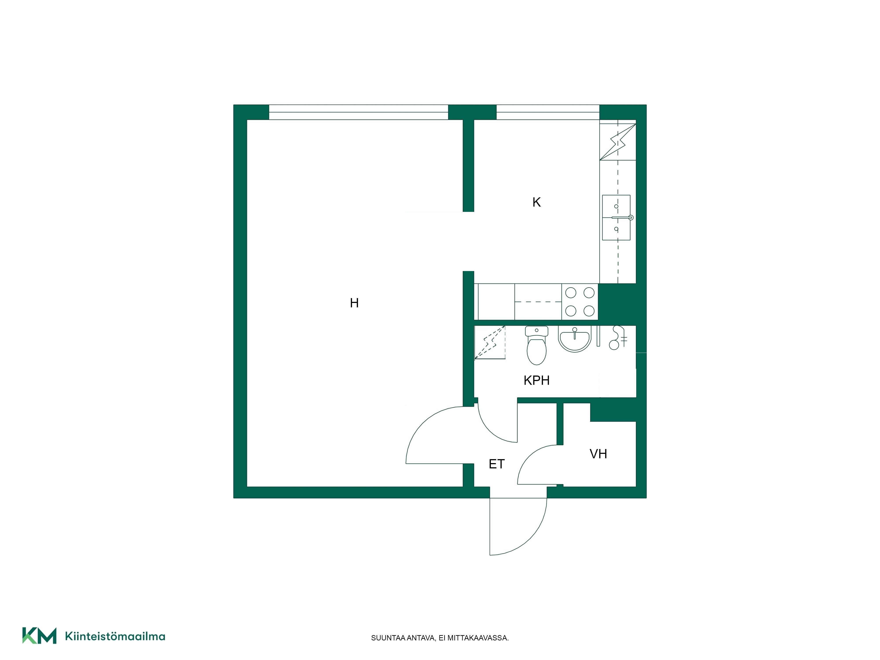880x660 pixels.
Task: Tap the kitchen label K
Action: point(536,202)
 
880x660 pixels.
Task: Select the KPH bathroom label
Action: point(536,380)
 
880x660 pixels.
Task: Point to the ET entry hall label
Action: point(497,464)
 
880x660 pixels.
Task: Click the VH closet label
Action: point(598,454)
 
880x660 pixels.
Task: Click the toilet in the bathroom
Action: point(536,345)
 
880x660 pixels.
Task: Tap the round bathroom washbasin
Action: point(574,339)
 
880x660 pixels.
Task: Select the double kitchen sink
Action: point(616,218)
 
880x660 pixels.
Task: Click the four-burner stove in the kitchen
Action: point(580,302)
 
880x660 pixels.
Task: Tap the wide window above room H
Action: point(358,112)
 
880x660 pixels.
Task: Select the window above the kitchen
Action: point(548,112)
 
